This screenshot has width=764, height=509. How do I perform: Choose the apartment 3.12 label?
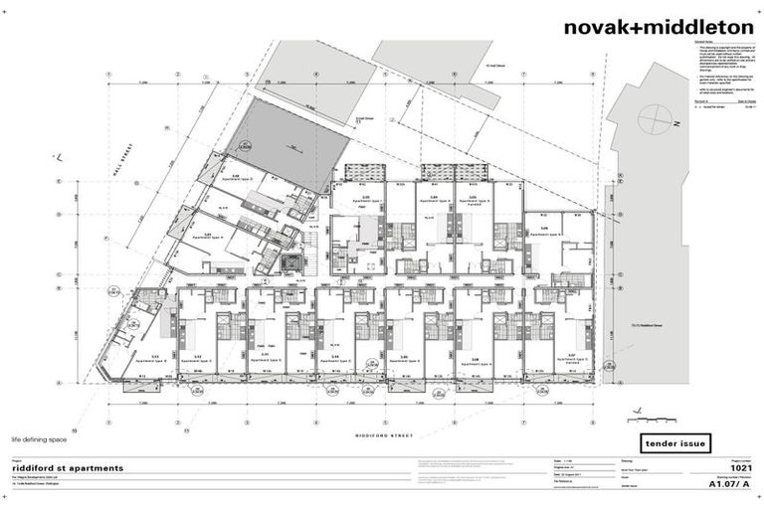click(198, 356)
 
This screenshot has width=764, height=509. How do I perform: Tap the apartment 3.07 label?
click(572, 355)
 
